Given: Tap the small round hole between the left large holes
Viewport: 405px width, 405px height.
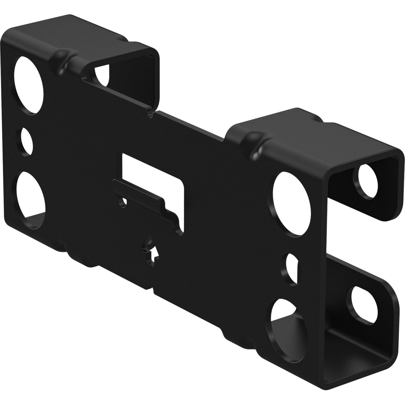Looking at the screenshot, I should (x=26, y=141).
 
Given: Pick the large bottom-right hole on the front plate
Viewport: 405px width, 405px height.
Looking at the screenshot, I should (x=285, y=324).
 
